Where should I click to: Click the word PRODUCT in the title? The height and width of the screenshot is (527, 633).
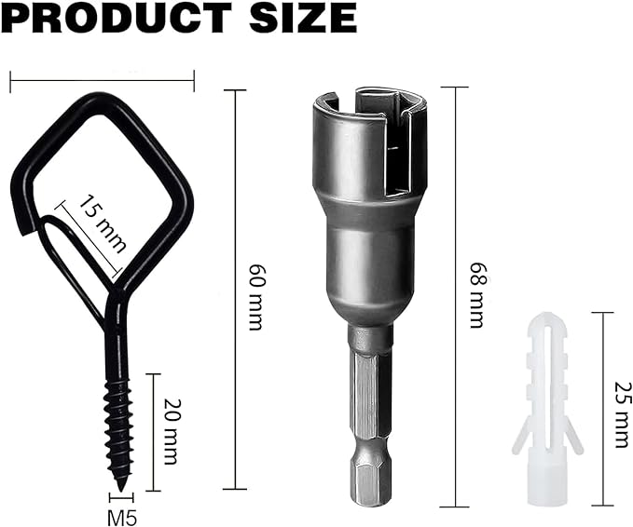[x=118, y=18]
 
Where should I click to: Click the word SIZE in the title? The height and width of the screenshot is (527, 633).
[x=304, y=18]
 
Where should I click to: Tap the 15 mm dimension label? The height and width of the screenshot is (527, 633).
[x=101, y=224]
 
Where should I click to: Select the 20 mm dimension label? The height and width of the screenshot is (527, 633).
[x=171, y=431]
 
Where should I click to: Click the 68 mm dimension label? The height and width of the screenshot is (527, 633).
[x=477, y=295]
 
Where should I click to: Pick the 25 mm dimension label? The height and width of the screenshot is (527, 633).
[x=623, y=414]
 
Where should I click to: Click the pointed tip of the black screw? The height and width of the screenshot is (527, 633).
[x=120, y=491]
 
